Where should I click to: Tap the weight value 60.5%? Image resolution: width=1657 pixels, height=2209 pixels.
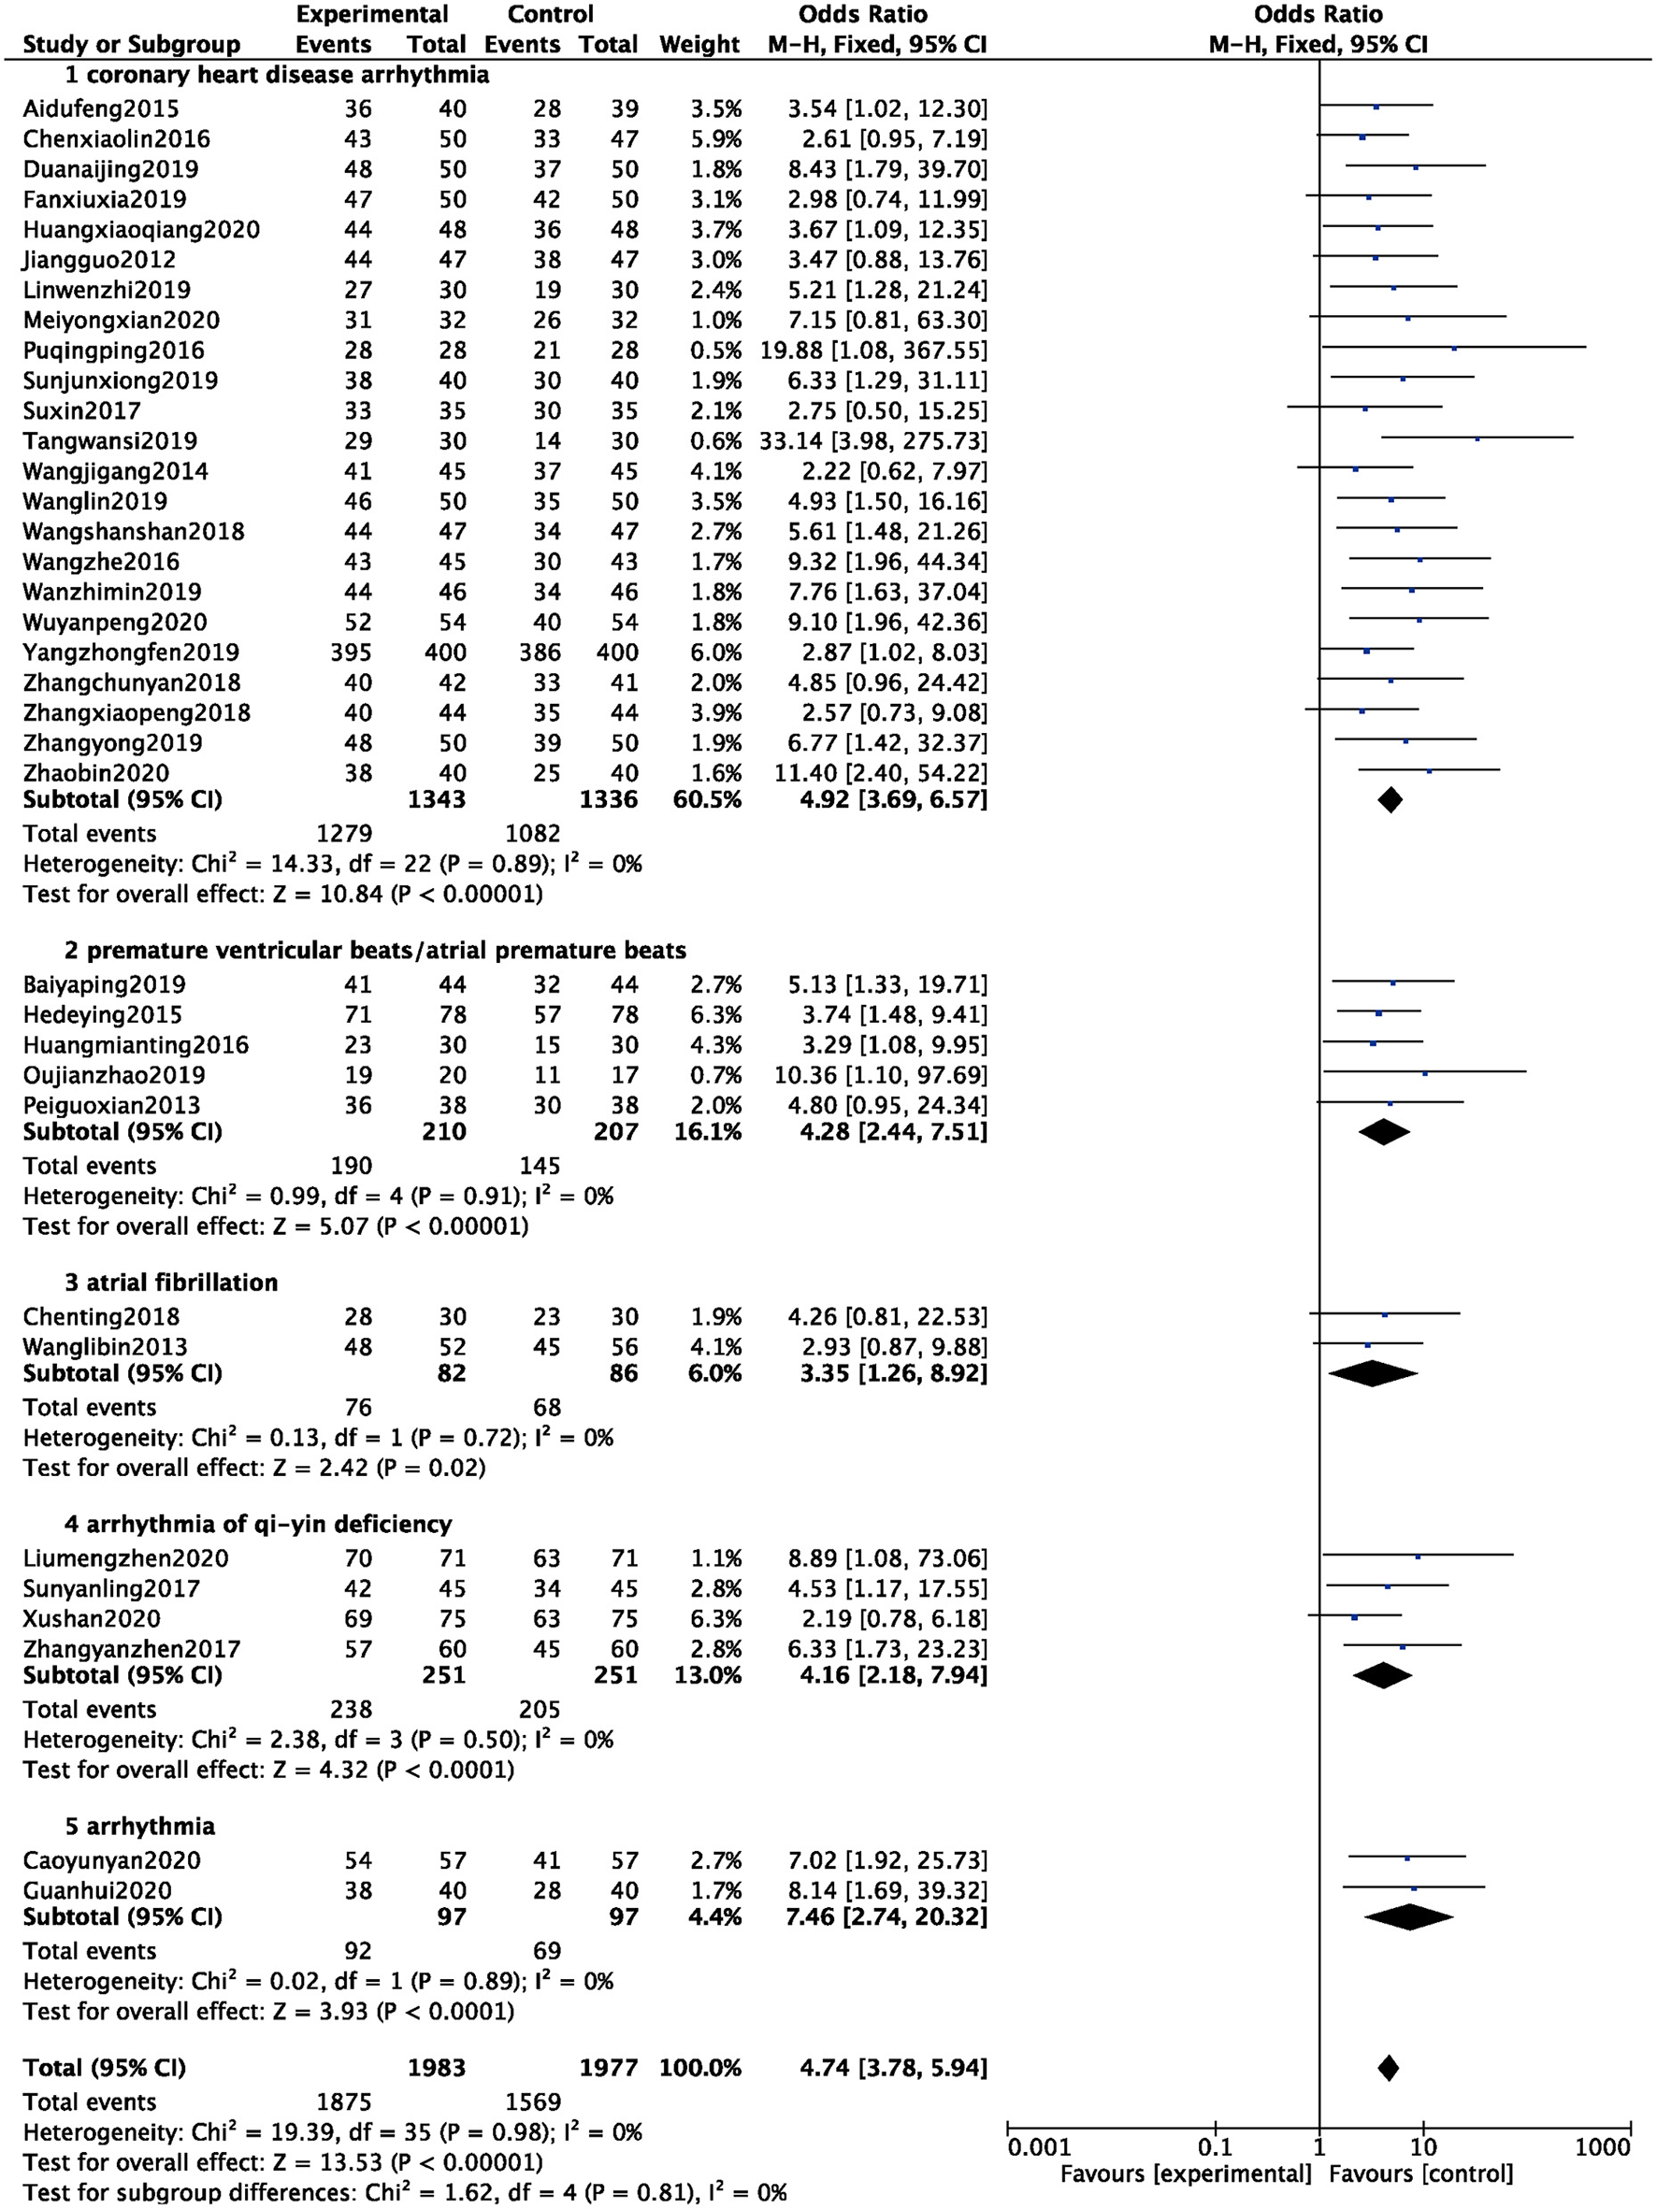pos(707,800)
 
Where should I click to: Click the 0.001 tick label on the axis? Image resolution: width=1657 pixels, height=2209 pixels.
pos(1039,2147)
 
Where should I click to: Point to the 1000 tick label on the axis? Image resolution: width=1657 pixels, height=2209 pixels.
pos(1602,2147)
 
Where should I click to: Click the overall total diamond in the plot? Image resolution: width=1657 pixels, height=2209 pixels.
pos(1388,2068)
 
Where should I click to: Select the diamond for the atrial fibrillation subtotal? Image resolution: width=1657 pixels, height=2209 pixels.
pos(1374,1374)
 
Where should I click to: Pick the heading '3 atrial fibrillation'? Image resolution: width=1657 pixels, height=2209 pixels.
pos(171,1283)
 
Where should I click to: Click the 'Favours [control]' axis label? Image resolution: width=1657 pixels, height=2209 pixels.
pos(1420,2174)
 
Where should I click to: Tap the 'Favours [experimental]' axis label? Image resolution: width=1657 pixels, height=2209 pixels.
pos(1186,2174)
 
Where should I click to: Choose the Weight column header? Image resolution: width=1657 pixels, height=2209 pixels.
pos(699,45)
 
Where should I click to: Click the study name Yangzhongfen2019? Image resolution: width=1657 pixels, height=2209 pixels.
pos(131,653)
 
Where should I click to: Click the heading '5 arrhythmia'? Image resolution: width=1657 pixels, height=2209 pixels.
pos(140,1827)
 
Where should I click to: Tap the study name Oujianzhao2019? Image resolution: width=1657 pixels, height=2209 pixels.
pos(114,1076)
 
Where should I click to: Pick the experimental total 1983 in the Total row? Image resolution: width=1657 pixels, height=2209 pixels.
pos(437,2068)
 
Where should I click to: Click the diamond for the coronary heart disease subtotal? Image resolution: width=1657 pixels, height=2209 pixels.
pos(1390,800)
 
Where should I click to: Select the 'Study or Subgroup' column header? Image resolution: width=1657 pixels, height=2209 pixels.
pos(131,45)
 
